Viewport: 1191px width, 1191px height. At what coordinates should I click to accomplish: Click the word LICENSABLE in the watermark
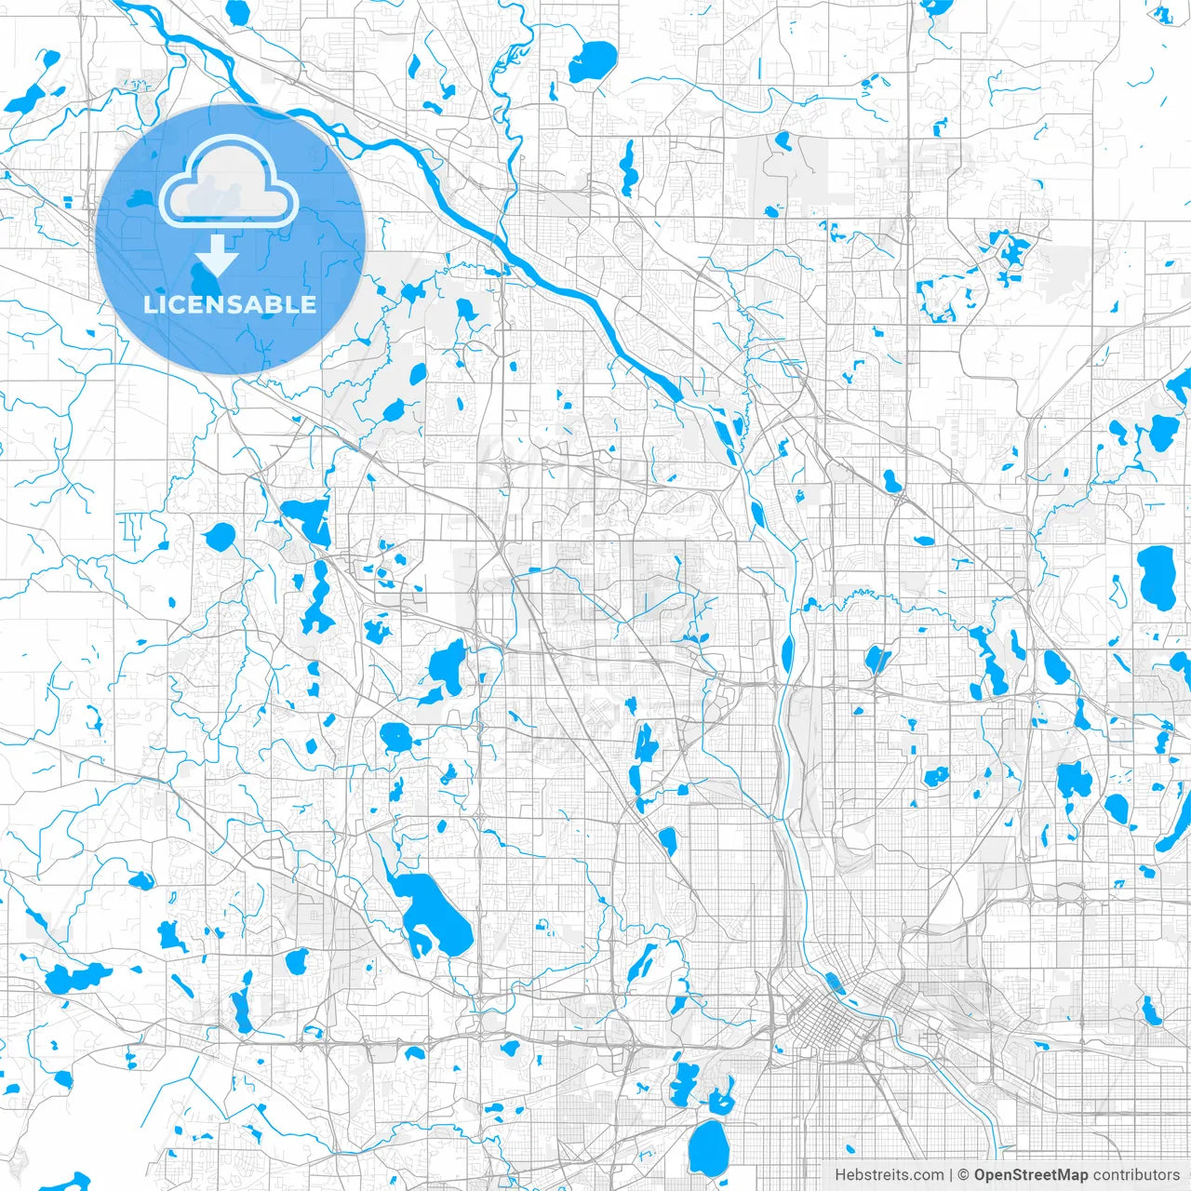tap(230, 304)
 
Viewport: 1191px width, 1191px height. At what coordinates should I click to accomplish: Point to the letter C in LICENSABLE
tap(184, 304)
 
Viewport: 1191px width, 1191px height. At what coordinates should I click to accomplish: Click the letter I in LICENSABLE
tap(168, 304)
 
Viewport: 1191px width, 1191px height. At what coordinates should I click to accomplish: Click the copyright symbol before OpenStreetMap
tap(964, 1175)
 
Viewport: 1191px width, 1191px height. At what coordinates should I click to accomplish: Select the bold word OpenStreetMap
tap(1031, 1175)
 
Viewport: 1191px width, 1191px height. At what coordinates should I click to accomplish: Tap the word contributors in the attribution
tap(1136, 1175)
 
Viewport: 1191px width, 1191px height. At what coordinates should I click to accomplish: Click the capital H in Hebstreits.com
tap(840, 1175)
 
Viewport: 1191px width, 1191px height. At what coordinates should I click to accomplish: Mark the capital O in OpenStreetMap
tap(981, 1175)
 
